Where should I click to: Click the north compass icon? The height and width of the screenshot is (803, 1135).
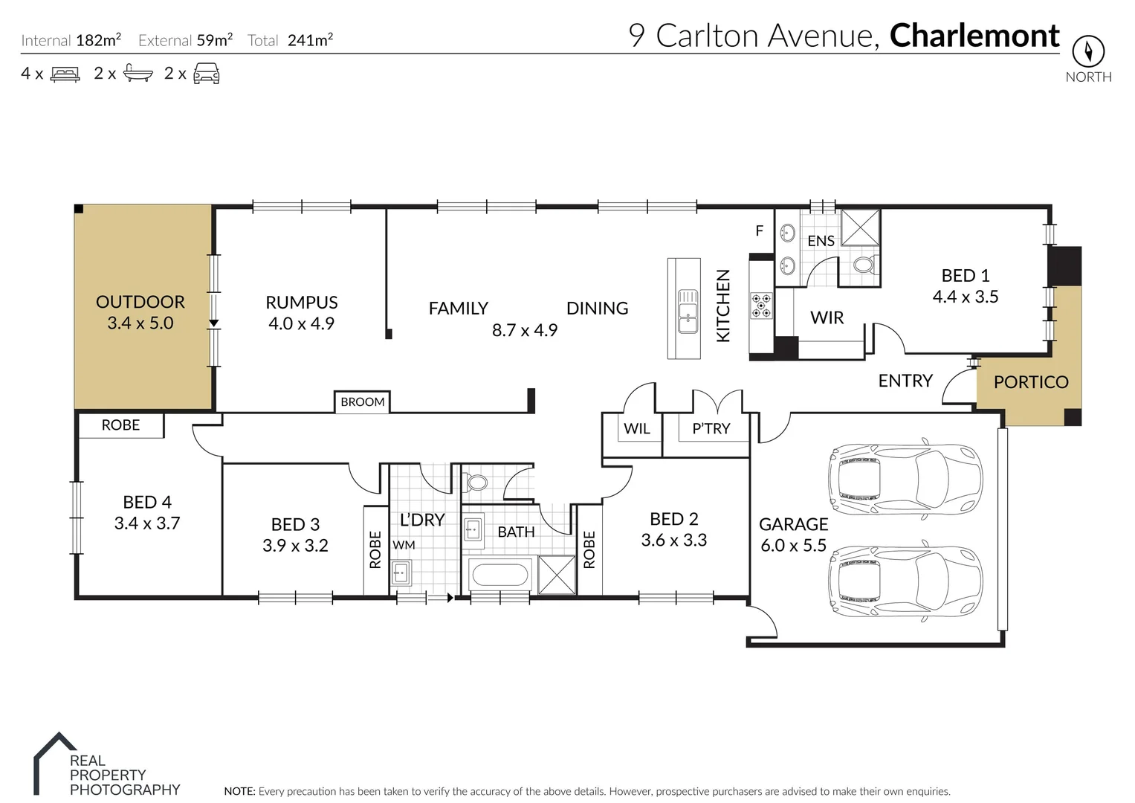coord(1087,52)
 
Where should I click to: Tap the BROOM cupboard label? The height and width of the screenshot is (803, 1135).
coord(363,402)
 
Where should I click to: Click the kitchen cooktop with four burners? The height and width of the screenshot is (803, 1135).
coord(761,306)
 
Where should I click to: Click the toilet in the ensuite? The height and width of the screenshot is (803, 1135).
coord(864,265)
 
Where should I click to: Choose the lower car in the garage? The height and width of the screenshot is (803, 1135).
coord(905,580)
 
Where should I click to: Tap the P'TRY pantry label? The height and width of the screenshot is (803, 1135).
coord(711,429)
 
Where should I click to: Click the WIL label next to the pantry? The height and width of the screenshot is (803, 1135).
coord(637,429)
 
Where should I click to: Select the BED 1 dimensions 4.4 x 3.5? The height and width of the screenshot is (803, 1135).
coord(965,297)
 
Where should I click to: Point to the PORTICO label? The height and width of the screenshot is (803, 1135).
coord(1030,382)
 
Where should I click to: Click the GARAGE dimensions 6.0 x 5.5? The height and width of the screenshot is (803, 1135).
coord(793,546)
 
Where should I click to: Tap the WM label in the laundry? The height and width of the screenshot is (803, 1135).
coord(404,545)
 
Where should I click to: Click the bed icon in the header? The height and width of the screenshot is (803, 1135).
coord(65,74)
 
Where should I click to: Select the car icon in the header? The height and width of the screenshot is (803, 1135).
coord(207,74)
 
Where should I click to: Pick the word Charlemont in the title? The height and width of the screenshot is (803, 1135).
coord(974,36)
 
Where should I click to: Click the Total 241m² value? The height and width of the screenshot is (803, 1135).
coord(310,40)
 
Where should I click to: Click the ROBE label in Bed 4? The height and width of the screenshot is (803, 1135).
coord(120,425)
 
